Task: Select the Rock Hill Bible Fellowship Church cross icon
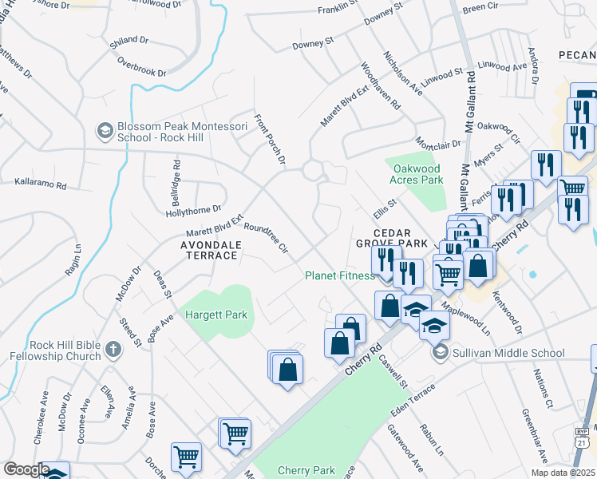pyautogui.click(x=113, y=350)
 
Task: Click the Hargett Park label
pyautogui.click(x=216, y=315)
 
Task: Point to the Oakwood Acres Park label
pyautogui.click(x=416, y=174)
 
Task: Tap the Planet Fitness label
pyautogui.click(x=339, y=276)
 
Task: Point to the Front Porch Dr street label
pyautogui.click(x=269, y=140)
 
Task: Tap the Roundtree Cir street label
pyautogui.click(x=266, y=238)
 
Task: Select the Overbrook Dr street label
pyautogui.click(x=141, y=67)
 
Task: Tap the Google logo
pyautogui.click(x=26, y=469)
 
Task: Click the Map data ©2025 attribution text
pyautogui.click(x=563, y=473)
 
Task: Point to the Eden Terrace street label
pyautogui.click(x=413, y=400)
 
